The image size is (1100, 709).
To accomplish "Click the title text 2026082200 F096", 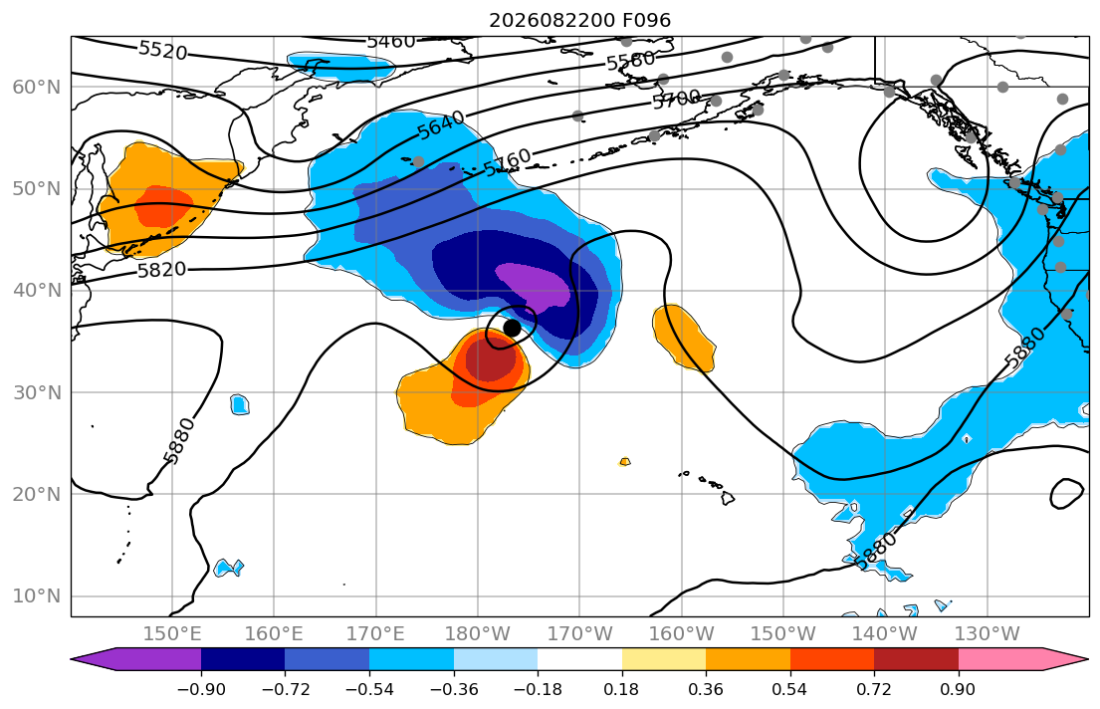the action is pyautogui.click(x=579, y=20).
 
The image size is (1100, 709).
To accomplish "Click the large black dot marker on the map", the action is pyautogui.click(x=512, y=328).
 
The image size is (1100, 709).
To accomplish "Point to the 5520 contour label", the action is pyautogui.click(x=162, y=50).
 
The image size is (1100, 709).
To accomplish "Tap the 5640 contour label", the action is pyautogui.click(x=441, y=124).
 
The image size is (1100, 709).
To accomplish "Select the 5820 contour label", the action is pyautogui.click(x=161, y=270).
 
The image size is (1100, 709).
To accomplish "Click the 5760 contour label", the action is pyautogui.click(x=508, y=163).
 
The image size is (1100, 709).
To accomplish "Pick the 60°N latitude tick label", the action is pyautogui.click(x=37, y=87).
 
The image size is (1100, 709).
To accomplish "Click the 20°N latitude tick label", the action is pyautogui.click(x=37, y=494).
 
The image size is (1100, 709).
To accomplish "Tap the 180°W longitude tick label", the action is pyautogui.click(x=478, y=634).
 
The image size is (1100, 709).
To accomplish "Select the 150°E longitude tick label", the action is pyautogui.click(x=172, y=634).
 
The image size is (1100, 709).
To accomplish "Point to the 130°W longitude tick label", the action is pyautogui.click(x=988, y=634).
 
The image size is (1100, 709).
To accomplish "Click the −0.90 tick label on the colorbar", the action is pyautogui.click(x=201, y=690).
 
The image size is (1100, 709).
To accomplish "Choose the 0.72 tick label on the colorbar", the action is pyautogui.click(x=874, y=690).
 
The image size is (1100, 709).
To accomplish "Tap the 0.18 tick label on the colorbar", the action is pyautogui.click(x=621, y=690).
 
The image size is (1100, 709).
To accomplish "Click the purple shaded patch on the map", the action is pyautogui.click(x=534, y=286).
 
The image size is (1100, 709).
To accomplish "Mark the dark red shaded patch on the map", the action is pyautogui.click(x=490, y=358).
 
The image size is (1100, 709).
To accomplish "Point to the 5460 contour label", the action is pyautogui.click(x=391, y=42).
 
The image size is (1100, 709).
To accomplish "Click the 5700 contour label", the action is pyautogui.click(x=676, y=99).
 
